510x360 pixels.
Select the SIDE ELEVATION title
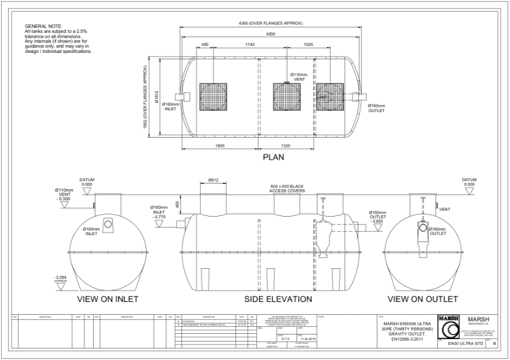coord(278,298)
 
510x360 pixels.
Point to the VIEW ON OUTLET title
coord(425,298)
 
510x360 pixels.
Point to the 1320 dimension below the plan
coord(286,145)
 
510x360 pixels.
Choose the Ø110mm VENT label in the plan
coord(299,76)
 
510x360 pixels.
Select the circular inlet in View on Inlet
coord(108,224)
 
